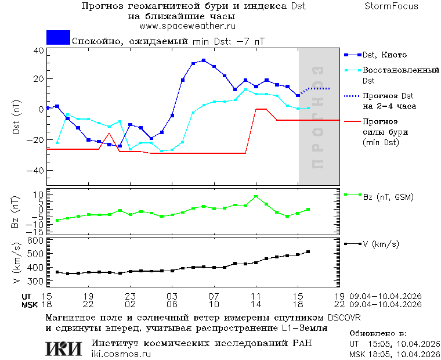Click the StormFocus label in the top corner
point(391,6)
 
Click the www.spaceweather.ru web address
point(187,26)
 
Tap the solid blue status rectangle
point(58,38)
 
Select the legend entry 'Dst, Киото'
point(385,55)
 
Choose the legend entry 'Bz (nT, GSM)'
point(388,197)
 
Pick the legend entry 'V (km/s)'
point(381,244)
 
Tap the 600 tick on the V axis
point(36,240)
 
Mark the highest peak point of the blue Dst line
point(204,60)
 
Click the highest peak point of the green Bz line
point(256,196)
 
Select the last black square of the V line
point(308,251)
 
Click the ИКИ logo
point(64,348)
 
